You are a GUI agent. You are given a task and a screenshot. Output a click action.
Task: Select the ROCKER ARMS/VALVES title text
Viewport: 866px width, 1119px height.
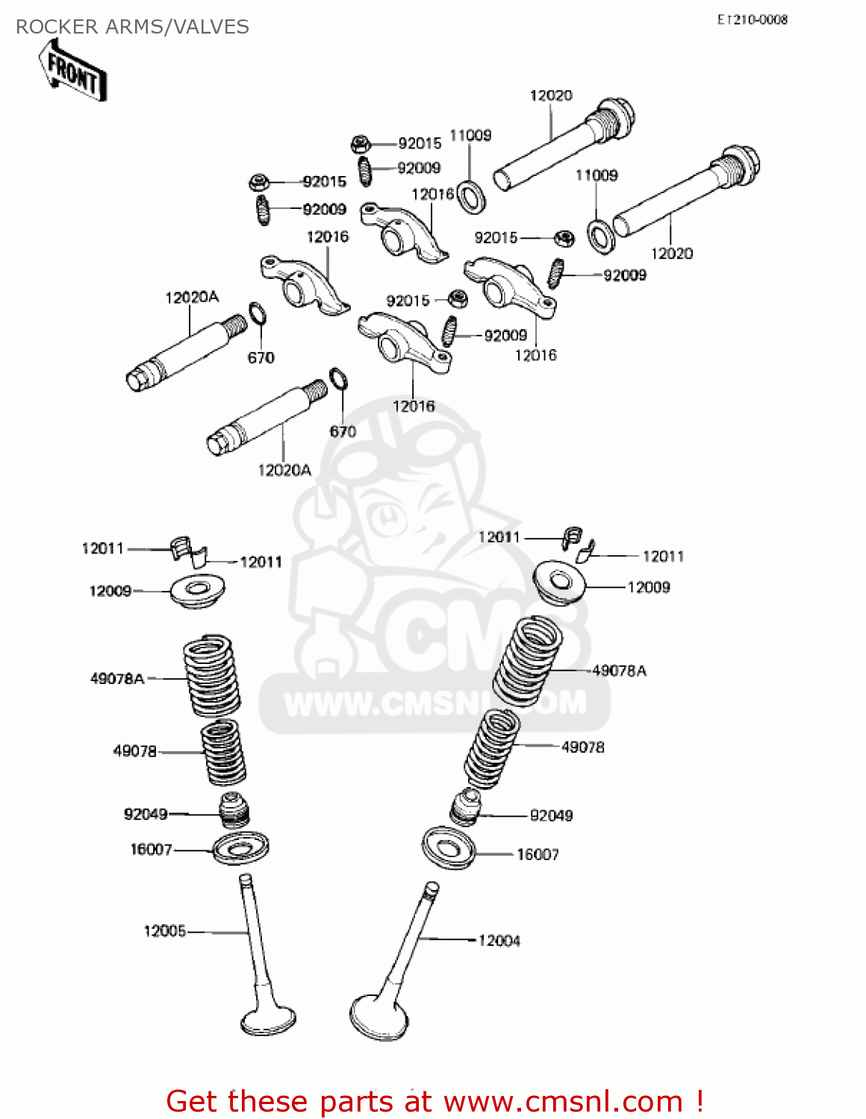click(132, 27)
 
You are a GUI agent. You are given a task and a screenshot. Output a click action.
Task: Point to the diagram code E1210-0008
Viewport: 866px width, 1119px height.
click(752, 20)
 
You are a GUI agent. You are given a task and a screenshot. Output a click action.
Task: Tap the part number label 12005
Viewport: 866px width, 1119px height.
click(164, 931)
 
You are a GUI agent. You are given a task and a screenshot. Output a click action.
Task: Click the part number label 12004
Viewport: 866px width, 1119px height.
click(499, 941)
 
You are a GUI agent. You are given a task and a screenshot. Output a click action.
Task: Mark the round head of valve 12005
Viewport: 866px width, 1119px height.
click(268, 1020)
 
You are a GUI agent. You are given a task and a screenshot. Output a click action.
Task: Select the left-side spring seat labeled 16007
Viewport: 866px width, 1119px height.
click(240, 848)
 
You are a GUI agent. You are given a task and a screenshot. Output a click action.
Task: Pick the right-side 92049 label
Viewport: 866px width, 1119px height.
click(551, 815)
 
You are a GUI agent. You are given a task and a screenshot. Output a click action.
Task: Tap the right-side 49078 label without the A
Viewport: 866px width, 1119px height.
click(582, 747)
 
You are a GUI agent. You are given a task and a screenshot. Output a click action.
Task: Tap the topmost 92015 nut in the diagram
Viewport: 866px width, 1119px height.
click(360, 143)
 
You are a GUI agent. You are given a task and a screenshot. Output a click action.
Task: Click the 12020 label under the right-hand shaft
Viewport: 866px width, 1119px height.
click(671, 254)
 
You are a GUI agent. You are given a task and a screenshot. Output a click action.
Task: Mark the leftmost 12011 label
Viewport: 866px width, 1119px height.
click(102, 548)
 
